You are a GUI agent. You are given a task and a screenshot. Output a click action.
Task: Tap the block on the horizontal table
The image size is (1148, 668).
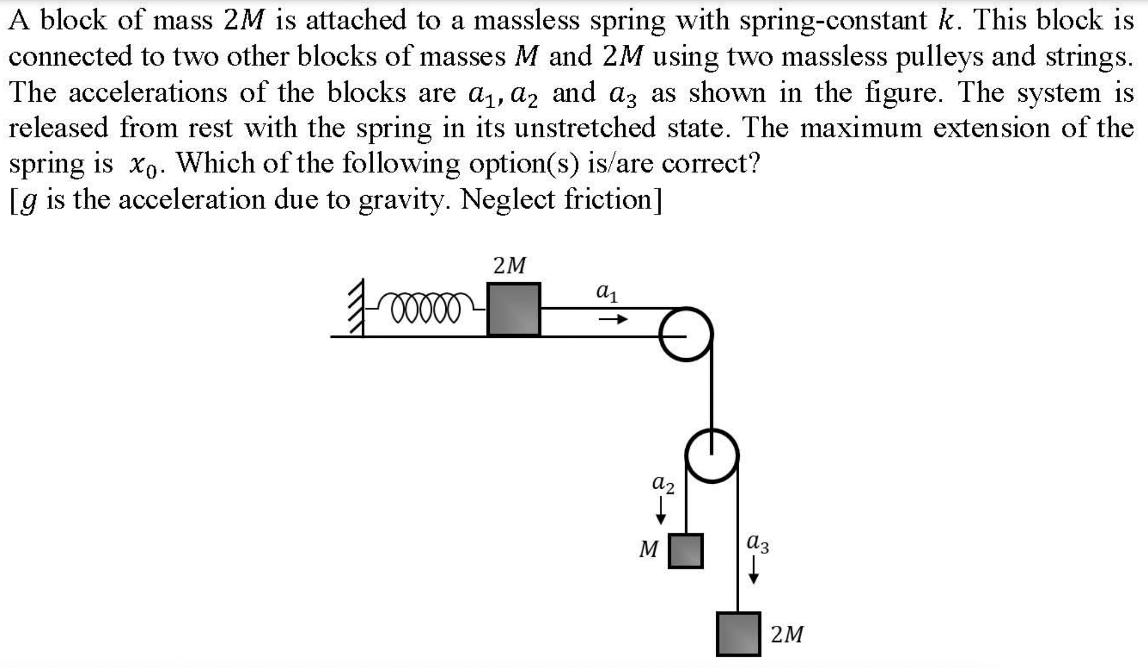coord(514,309)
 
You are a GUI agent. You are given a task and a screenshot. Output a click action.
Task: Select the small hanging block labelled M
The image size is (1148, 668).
coord(686,551)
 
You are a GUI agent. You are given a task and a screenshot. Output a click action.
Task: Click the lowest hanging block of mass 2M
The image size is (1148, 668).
coord(738,634)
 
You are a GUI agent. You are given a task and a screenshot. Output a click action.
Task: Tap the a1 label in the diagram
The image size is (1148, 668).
coord(607,293)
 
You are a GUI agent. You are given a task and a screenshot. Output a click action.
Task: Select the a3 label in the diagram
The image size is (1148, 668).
coord(758,543)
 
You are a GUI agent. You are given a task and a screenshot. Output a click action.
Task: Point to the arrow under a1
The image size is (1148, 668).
coord(613,319)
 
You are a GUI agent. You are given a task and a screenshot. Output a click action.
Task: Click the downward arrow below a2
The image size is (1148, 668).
coord(661,511)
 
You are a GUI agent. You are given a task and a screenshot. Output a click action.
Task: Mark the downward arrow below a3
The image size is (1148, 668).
coord(754,570)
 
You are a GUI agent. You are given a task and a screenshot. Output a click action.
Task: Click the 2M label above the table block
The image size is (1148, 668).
coord(509,266)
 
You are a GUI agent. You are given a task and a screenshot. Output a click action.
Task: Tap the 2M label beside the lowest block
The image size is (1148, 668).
coord(787,635)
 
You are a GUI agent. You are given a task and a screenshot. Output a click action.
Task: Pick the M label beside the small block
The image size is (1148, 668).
coord(648,548)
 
